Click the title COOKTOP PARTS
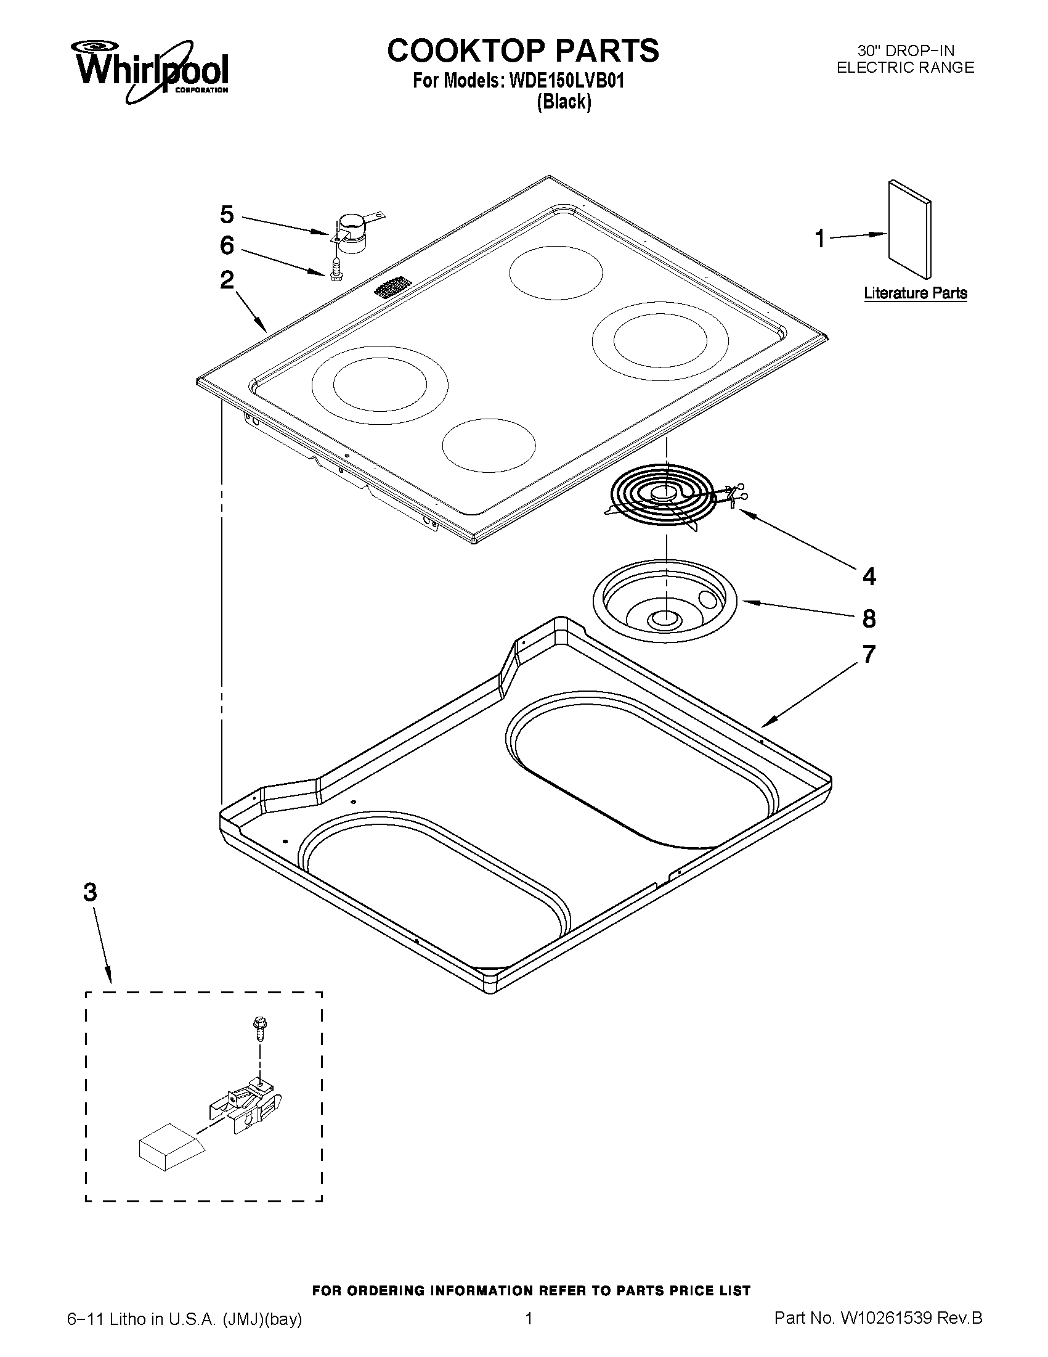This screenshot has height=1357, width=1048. tap(522, 51)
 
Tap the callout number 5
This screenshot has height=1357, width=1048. tap(227, 215)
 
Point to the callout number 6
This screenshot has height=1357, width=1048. tap(227, 246)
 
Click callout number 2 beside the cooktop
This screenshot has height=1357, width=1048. tap(227, 281)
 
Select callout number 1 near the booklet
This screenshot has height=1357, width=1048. tap(819, 239)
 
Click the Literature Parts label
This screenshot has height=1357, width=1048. tap(915, 293)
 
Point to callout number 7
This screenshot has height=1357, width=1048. tap(869, 654)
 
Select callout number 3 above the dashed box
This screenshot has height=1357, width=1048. tap(90, 893)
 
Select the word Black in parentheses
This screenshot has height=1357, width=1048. tap(563, 101)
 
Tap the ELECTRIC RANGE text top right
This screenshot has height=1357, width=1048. tap(904, 68)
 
